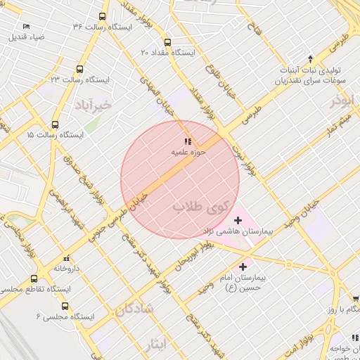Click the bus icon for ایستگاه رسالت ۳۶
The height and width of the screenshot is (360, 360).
point(103,16)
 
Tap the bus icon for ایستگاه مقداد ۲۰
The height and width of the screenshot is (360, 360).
point(167,42)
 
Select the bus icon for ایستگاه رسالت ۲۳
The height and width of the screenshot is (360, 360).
point(79,70)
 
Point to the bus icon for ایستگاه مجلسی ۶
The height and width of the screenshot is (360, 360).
point(65,307)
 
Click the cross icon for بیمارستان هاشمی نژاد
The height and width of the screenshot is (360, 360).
point(236,220)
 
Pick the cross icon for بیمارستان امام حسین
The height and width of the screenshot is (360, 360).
point(243,266)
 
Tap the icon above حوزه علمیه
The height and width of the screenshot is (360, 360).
point(188,141)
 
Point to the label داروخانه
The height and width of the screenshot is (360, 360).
point(67,269)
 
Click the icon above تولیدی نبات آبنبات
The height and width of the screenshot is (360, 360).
point(310,58)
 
